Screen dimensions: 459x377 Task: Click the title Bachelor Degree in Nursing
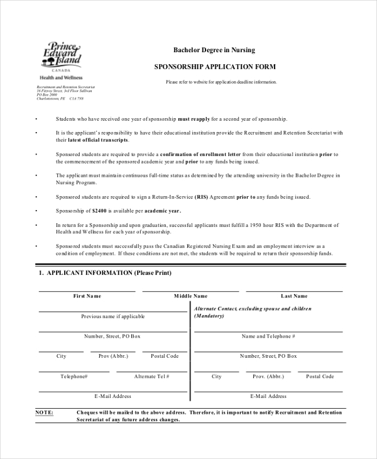[x=214, y=50]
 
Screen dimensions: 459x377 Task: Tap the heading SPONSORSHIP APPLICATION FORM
[x=215, y=67]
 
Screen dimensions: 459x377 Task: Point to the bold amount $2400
[x=101, y=211]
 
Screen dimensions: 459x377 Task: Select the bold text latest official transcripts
[x=92, y=140]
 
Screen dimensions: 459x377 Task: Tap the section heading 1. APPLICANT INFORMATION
[x=105, y=273]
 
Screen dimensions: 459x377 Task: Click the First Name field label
[x=87, y=296]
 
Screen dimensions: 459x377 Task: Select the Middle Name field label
[x=190, y=296]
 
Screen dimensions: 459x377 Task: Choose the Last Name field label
[x=294, y=296]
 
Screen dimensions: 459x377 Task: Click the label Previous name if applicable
[x=113, y=316]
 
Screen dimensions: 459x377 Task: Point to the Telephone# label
[x=74, y=376]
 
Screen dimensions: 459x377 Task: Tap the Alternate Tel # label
[x=151, y=376]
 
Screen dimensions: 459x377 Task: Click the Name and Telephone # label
[x=268, y=336]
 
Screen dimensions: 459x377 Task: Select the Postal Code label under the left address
[x=165, y=356]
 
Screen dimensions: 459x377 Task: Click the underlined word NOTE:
[x=44, y=412]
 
